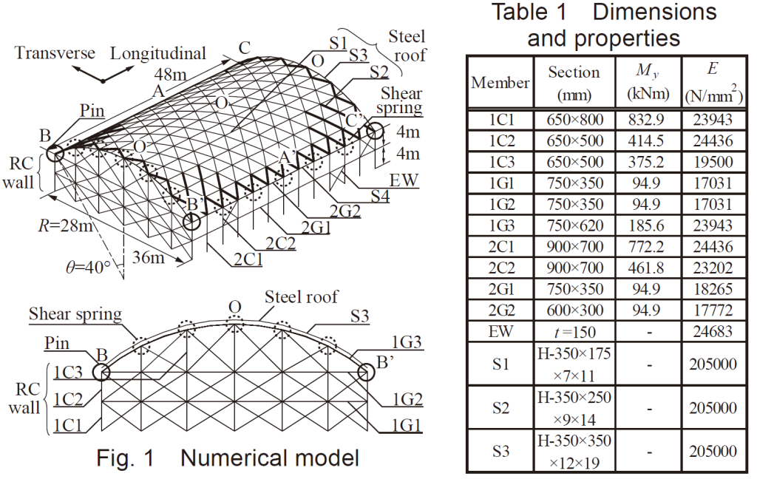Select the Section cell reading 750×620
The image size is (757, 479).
[574, 225]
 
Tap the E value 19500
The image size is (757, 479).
[713, 162]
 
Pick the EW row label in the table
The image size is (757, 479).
[500, 331]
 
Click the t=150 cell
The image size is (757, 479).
[574, 332]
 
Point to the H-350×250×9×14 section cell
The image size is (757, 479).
[574, 408]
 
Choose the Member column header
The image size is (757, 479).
[500, 83]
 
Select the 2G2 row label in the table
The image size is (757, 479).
[501, 310]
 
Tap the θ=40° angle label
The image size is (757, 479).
[89, 267]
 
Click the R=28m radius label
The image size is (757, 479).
[65, 225]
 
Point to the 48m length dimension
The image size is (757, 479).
[170, 75]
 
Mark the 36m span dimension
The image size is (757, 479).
[148, 257]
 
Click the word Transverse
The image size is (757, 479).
[55, 52]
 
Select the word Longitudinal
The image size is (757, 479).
[158, 54]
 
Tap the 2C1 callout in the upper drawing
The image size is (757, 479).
[248, 259]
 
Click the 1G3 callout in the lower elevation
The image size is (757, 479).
[407, 342]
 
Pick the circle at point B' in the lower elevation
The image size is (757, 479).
[367, 373]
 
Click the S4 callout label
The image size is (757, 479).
[380, 197]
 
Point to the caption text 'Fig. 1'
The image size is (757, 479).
[125, 458]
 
